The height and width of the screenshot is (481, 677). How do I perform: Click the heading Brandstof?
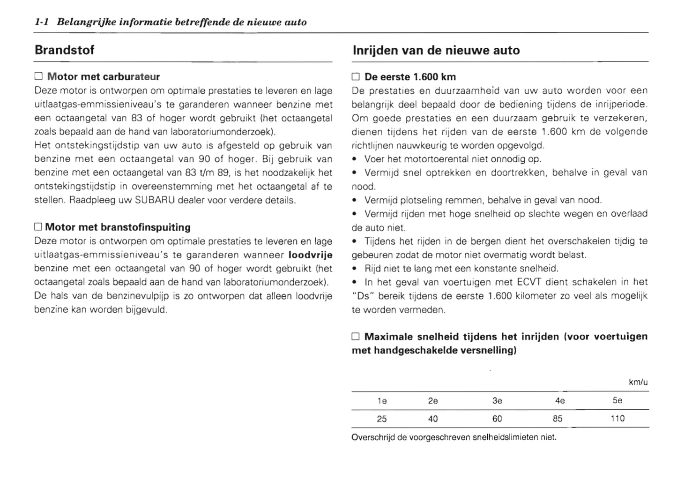pos(64,50)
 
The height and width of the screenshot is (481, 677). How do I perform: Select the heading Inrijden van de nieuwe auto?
pos(436,51)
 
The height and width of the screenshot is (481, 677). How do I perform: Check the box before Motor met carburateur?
pos(38,76)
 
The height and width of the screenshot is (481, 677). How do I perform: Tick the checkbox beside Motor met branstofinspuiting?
pos(38,227)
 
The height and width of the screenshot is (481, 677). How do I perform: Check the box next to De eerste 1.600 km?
pos(356,77)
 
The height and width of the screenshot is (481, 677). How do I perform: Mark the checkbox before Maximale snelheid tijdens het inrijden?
pos(356,337)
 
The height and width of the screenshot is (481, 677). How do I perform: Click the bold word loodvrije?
pos(310,255)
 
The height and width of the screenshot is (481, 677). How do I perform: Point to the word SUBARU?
pos(155,200)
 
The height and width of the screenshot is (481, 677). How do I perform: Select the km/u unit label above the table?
pos(638,382)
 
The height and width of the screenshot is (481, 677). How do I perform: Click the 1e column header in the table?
pos(382,401)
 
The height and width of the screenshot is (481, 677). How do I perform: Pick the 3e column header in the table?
pos(497,401)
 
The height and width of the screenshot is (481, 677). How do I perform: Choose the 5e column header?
pos(617,400)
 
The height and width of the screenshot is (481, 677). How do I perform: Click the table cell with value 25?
pos(382,419)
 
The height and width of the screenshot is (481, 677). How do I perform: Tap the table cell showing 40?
pos(433,419)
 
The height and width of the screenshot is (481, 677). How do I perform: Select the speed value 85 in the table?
pos(558,419)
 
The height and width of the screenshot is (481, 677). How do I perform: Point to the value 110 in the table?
pos(617,418)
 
